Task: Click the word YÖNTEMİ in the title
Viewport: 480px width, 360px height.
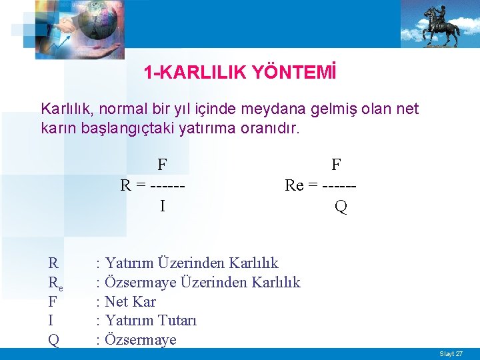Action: tap(294, 73)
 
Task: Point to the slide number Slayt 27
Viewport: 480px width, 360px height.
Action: tap(451, 353)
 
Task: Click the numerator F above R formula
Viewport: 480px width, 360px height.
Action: tap(162, 164)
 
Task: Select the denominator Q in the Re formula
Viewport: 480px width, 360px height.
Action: tap(341, 207)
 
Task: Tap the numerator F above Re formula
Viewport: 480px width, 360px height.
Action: tap(336, 164)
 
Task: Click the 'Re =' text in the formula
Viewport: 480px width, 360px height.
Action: tap(301, 185)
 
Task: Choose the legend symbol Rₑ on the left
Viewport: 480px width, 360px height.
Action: tap(55, 283)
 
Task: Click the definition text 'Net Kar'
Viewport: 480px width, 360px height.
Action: tap(131, 302)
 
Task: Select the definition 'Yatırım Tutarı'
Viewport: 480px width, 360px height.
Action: tap(151, 321)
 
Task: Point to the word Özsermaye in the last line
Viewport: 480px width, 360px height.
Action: tap(141, 340)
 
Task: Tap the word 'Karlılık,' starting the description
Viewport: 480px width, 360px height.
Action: tap(67, 109)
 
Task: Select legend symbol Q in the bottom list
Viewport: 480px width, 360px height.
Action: tap(53, 340)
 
